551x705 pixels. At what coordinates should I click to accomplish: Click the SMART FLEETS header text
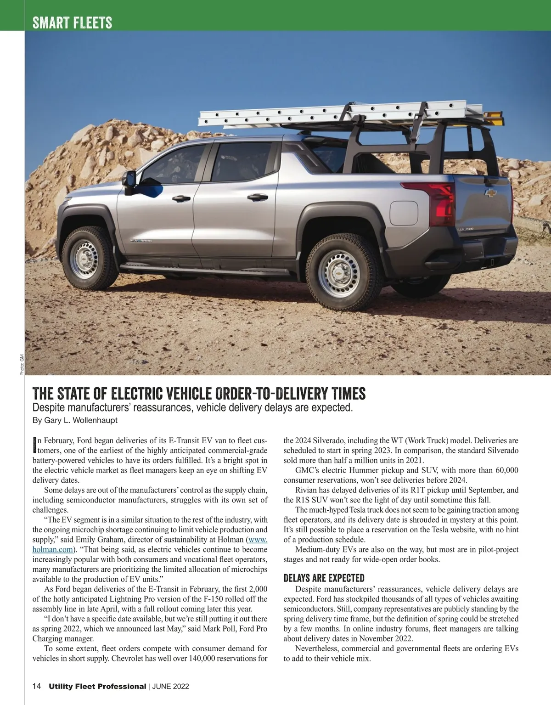coord(72,23)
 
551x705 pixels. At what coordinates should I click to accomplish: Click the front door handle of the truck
coord(181,198)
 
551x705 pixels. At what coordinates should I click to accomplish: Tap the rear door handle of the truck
coord(258,197)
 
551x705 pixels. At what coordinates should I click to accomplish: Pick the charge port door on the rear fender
coord(404,213)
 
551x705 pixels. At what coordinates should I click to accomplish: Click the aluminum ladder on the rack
coord(340,113)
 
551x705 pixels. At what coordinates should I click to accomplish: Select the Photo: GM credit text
coord(22,365)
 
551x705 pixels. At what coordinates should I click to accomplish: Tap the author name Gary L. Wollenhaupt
coord(80,420)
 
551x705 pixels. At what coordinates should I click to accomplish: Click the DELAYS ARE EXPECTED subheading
coord(324,578)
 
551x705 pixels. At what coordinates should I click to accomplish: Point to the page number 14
coord(37,686)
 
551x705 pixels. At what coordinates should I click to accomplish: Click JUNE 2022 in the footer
coord(170,687)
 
